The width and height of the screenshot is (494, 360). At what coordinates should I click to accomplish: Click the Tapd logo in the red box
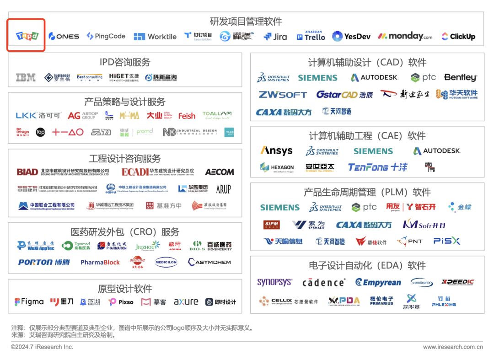27,36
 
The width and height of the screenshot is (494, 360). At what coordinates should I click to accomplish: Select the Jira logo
275,37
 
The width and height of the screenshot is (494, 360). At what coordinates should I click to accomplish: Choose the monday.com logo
405,36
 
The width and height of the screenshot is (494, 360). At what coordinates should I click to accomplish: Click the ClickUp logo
458,37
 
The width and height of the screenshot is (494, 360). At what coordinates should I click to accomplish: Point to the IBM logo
26,78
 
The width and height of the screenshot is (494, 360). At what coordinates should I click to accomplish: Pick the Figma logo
29,302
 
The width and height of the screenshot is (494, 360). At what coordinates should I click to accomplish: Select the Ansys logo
277,150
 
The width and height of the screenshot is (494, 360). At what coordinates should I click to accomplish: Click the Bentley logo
460,78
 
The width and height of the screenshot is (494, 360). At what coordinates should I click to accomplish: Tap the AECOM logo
220,172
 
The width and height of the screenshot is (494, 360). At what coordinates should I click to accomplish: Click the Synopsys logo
274,282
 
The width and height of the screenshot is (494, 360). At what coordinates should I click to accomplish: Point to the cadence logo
324,283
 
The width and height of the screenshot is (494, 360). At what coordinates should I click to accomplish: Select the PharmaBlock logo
100,263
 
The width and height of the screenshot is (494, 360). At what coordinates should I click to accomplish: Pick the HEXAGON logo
277,167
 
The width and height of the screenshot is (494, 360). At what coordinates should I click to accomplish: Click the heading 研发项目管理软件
246,21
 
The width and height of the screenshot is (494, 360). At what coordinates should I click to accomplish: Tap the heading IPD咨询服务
125,62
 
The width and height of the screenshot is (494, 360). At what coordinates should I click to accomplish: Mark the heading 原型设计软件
125,289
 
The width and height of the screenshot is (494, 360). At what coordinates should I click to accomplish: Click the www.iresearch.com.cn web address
453,347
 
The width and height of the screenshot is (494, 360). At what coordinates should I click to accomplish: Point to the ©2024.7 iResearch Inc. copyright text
42,347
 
